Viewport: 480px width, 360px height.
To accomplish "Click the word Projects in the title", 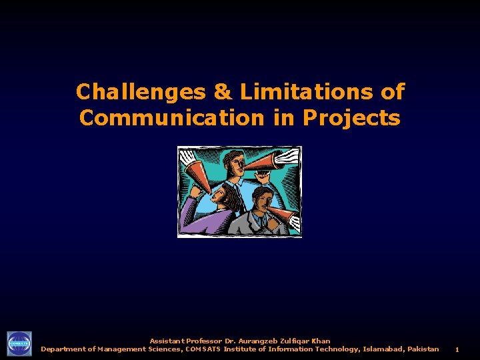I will tap(351, 118).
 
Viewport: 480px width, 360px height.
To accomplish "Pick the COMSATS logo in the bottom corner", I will tap(19, 344).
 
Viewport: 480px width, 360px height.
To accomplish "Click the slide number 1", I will tap(457, 349).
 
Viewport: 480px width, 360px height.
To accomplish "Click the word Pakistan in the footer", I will tap(423, 349).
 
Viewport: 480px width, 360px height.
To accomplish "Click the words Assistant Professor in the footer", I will tap(186, 341).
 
